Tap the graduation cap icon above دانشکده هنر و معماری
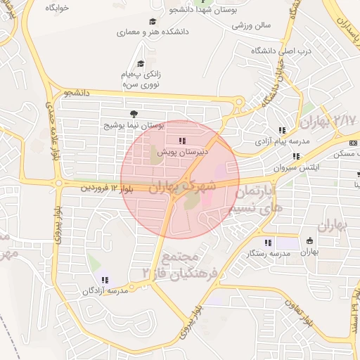click(153, 22)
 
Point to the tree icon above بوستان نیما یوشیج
click(134, 114)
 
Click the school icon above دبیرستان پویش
click(184, 141)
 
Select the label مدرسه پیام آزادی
click(281, 141)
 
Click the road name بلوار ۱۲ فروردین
click(105, 188)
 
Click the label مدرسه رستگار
click(266, 252)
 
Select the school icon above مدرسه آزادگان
click(105, 281)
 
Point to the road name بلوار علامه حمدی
click(51, 130)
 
